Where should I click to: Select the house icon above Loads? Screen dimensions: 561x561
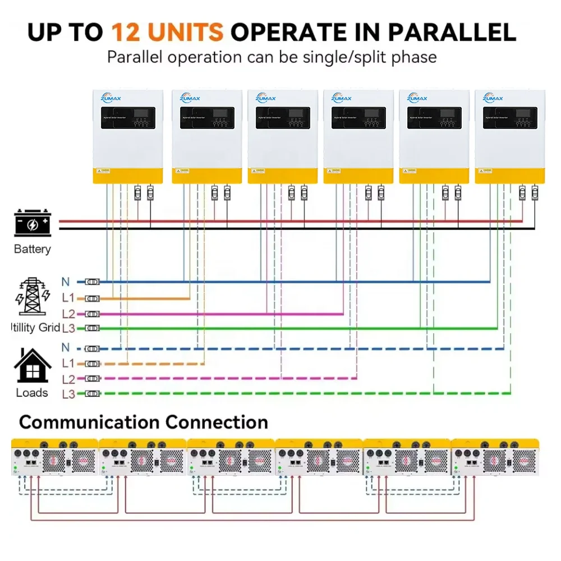33,366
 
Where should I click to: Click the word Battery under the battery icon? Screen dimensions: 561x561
32,249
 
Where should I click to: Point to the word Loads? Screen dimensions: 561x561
32,393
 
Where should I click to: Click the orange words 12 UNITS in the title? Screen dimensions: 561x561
167,32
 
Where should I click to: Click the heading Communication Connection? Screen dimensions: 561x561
143,422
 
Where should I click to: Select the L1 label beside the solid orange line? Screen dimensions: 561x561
68,298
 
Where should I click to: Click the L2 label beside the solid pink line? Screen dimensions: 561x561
68,314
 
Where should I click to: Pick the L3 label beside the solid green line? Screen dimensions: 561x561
68,328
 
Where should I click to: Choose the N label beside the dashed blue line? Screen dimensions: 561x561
66,348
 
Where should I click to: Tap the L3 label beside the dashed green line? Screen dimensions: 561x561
68,394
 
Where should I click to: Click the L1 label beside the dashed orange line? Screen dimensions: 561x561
68,364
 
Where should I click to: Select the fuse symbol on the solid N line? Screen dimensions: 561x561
92,282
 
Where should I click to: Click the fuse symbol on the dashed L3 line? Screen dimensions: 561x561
92,394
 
